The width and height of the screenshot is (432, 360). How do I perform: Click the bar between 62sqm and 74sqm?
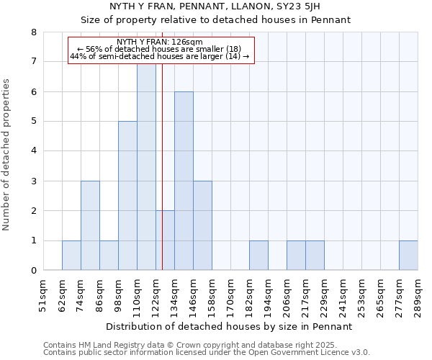71,256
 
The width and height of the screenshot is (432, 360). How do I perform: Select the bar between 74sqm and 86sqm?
90,225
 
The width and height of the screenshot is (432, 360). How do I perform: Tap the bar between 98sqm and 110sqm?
127,196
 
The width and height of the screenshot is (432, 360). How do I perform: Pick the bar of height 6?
184,181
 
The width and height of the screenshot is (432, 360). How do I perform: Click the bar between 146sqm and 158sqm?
202,225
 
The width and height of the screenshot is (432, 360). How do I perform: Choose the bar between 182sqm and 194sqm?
258,256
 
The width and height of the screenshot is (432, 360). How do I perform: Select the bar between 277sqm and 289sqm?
408,256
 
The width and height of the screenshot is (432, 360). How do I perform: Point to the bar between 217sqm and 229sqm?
315,256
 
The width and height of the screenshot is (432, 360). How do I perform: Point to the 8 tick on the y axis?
33,32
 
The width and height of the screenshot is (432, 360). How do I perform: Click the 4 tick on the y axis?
33,151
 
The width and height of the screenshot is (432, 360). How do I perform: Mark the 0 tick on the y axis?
33,271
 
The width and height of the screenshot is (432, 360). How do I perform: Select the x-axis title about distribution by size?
230,326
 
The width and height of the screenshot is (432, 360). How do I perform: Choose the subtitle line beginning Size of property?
215,20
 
